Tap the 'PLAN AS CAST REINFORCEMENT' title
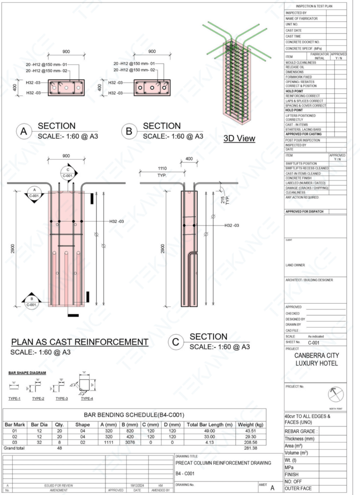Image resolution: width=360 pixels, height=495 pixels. (79, 342)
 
